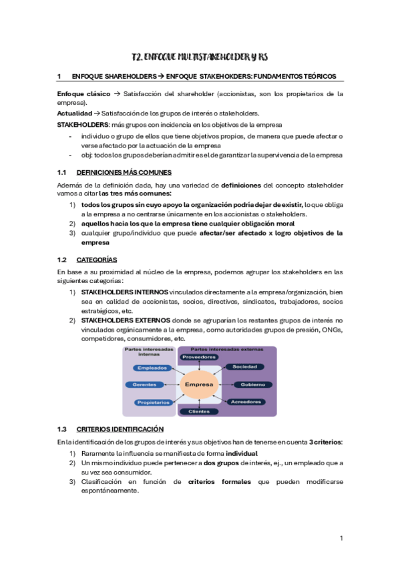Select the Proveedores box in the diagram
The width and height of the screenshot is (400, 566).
[x=200, y=357]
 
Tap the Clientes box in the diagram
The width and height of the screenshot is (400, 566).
[x=200, y=411]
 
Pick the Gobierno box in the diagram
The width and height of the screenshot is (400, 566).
[x=249, y=385]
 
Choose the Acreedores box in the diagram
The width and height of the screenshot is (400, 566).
[x=245, y=402]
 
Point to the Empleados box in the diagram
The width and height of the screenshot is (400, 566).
[x=151, y=368]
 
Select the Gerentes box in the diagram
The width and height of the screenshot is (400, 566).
[x=146, y=385]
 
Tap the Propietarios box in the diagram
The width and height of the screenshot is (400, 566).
[x=152, y=402]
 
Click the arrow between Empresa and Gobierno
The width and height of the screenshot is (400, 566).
[x=224, y=385]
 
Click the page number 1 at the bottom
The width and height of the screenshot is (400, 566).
[x=341, y=538]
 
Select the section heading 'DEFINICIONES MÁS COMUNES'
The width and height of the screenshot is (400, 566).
[x=124, y=172]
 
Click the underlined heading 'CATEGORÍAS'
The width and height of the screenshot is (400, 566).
[x=97, y=259]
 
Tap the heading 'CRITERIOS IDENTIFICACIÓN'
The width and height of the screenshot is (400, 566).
[x=120, y=429]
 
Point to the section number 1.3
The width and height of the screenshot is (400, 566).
[x=63, y=429]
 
